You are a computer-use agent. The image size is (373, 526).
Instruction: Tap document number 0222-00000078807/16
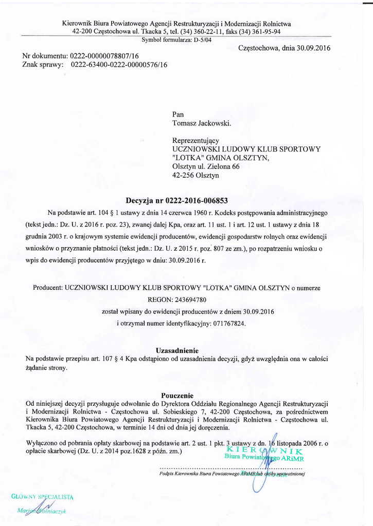tap(105, 55)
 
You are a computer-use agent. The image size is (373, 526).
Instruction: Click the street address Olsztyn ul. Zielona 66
tap(206, 166)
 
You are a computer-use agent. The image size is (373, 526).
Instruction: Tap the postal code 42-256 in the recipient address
tap(183, 175)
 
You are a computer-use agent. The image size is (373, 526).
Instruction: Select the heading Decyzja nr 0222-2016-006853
tap(176, 200)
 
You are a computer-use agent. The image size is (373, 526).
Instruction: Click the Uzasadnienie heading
tap(177, 351)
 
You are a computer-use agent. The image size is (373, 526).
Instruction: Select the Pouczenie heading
tap(177, 396)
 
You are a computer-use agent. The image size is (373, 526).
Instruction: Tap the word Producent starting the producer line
tap(48, 288)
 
